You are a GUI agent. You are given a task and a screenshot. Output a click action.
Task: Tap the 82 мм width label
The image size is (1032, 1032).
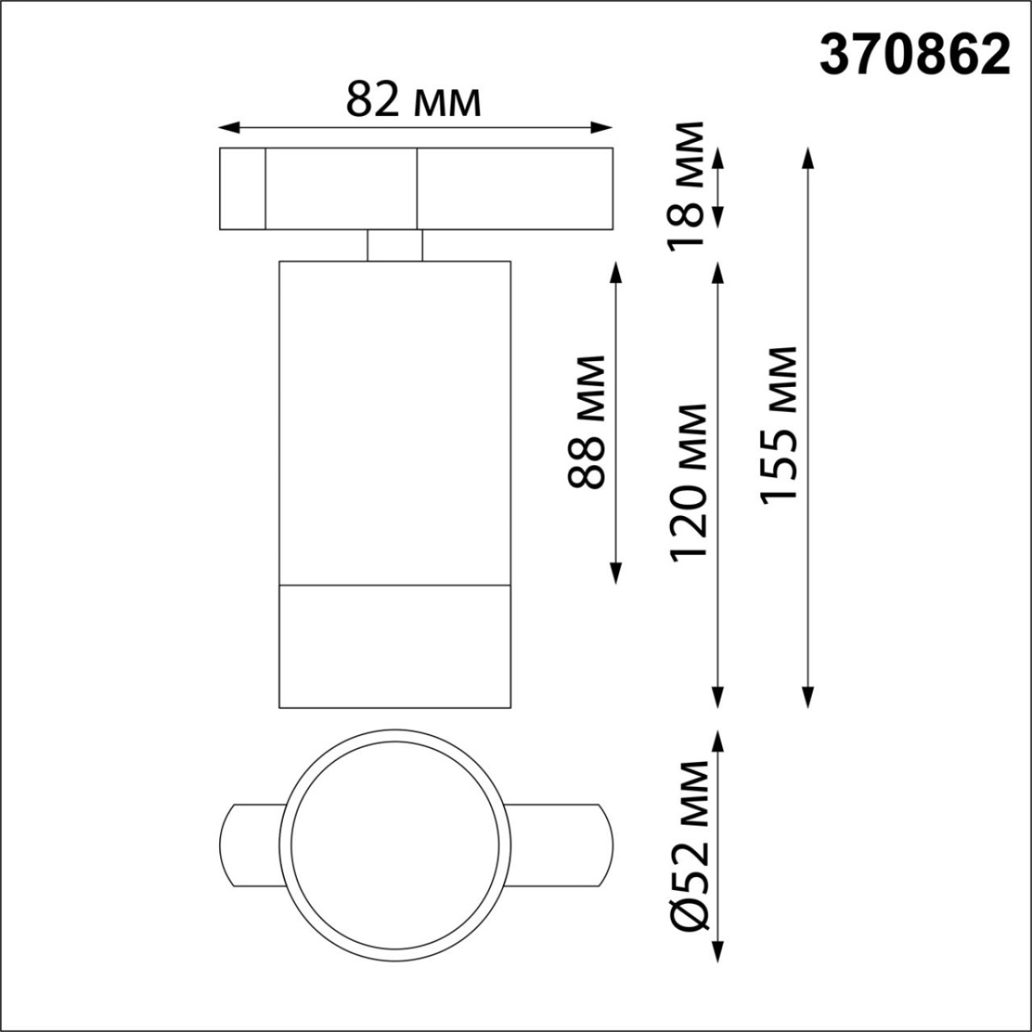(413, 101)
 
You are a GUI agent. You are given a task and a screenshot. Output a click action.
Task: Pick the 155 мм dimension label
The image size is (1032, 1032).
(779, 423)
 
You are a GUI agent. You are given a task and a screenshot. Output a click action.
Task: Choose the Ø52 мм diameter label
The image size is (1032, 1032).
(690, 845)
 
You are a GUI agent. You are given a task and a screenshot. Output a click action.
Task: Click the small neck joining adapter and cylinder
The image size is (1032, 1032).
(395, 245)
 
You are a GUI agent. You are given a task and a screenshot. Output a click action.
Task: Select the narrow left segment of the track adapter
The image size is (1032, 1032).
(242, 189)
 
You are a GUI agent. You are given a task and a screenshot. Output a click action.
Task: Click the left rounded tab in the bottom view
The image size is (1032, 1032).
(249, 845)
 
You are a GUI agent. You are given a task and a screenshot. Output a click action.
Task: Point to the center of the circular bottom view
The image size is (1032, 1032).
(399, 845)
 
